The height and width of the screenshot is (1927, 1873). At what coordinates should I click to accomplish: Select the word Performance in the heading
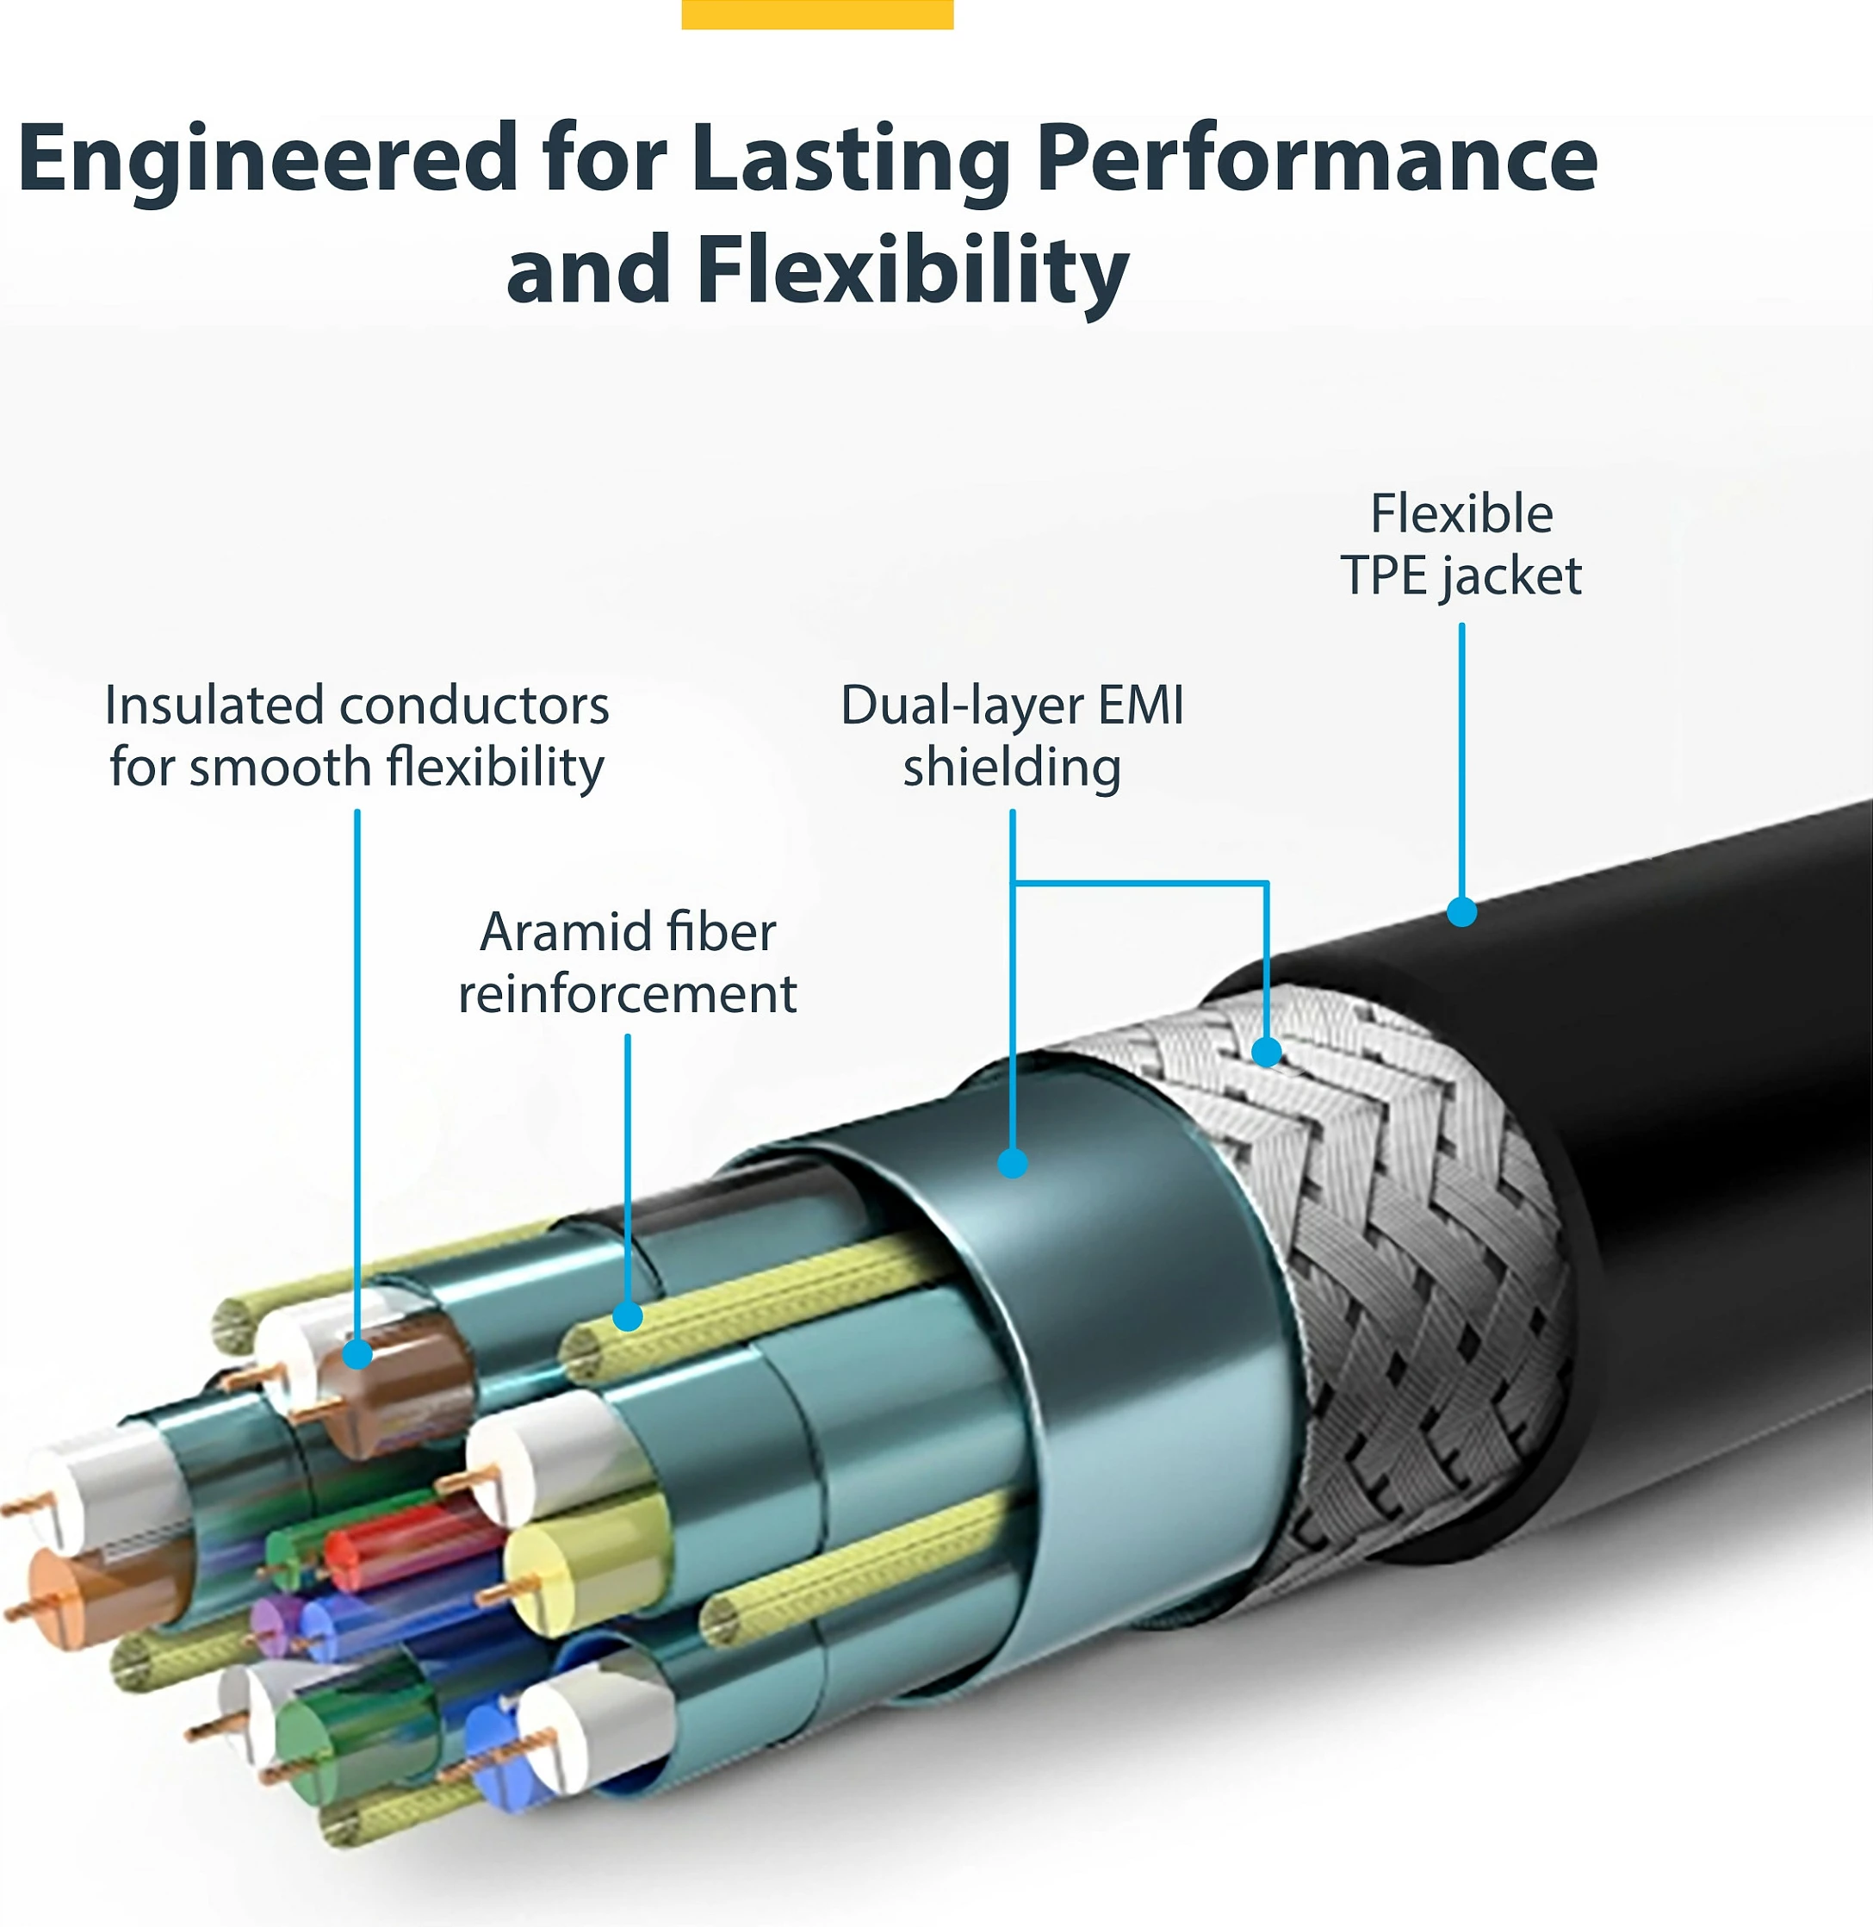tap(1316, 160)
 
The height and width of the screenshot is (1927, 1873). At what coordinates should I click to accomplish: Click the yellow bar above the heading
tap(817, 14)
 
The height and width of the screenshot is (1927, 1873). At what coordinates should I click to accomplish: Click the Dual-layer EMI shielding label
tap(1012, 737)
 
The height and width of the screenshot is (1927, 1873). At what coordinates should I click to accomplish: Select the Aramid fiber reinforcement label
tap(628, 962)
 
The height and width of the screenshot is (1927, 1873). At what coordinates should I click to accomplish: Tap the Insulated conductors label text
tap(357, 737)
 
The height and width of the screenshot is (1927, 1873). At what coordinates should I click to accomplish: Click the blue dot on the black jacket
tap(1462, 911)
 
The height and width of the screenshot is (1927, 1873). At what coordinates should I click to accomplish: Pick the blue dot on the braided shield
tap(1267, 1051)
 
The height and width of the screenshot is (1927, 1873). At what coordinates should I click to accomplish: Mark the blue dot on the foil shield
tap(1012, 1163)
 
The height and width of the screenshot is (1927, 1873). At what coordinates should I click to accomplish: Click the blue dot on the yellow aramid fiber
tap(628, 1316)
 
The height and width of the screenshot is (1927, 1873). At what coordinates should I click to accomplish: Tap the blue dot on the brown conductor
tap(357, 1354)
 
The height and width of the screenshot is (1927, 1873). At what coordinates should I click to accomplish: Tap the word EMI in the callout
tap(1141, 706)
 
